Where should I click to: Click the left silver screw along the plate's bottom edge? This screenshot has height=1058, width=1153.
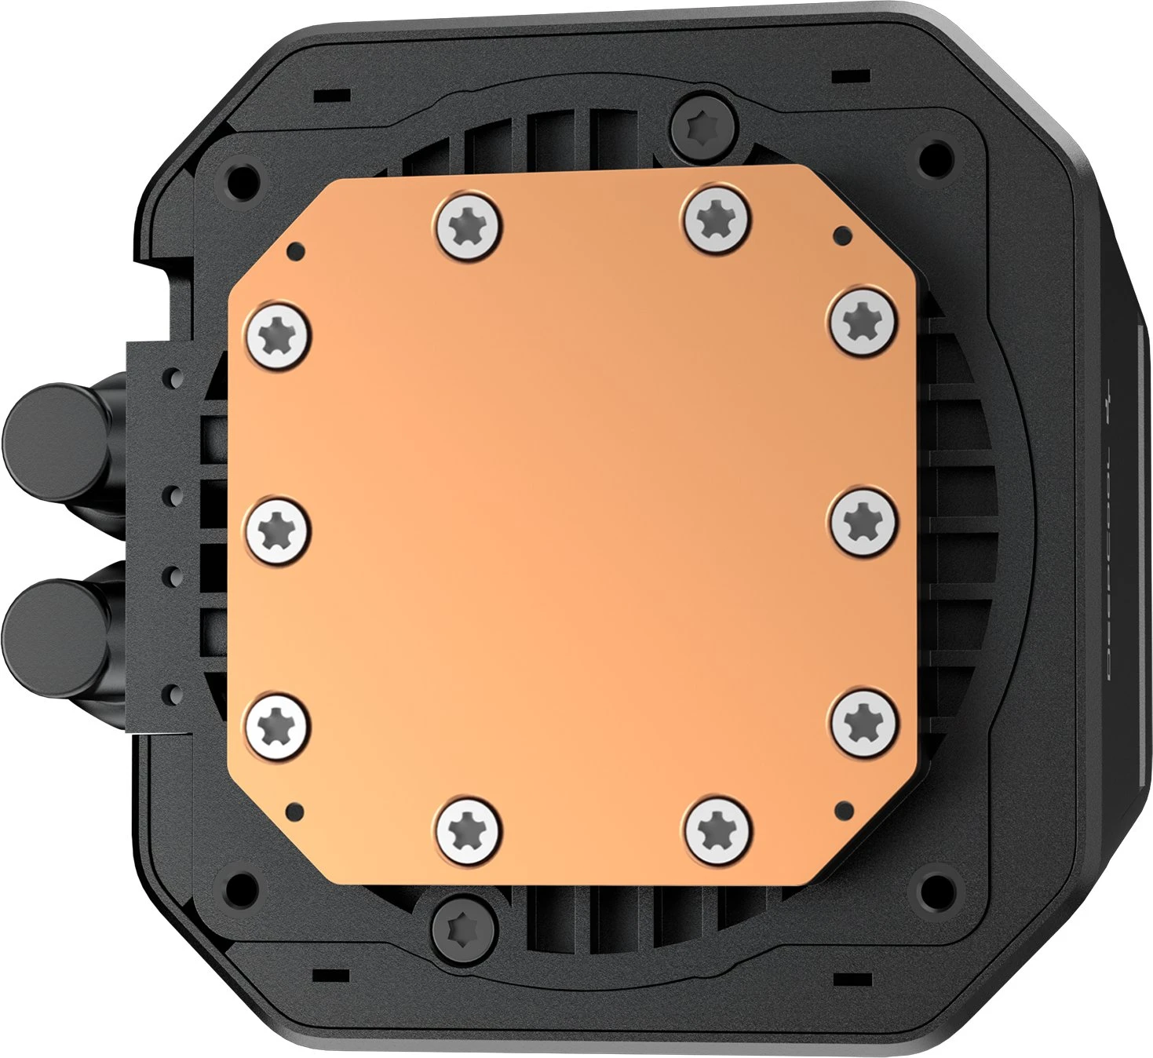pos(469,827)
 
